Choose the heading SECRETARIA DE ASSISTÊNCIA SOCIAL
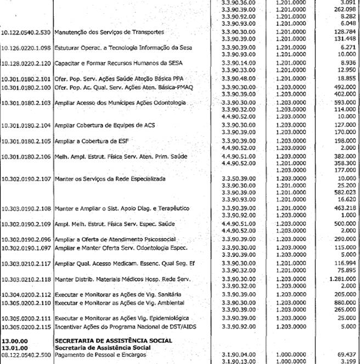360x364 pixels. click(x=113, y=341)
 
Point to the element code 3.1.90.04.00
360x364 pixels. click(x=238, y=355)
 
